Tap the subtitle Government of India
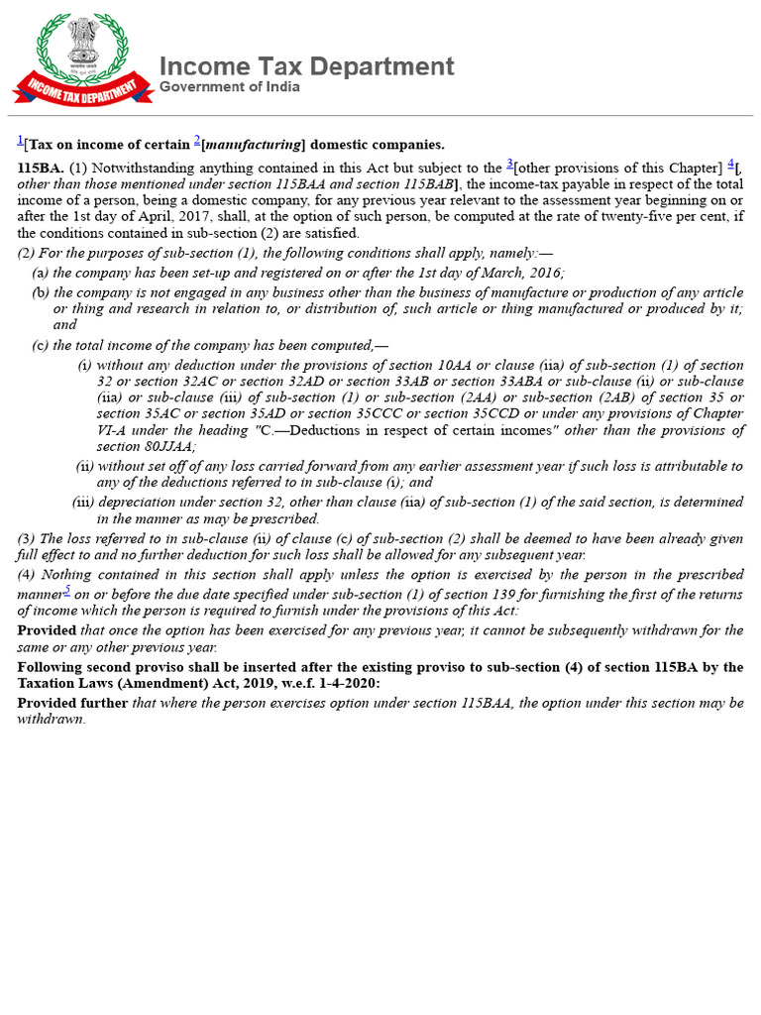coord(230,87)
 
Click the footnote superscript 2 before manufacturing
coord(197,140)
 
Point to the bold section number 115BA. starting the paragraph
coord(41,169)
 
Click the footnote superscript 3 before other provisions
coord(509,164)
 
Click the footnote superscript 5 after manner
coord(67,590)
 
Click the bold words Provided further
coord(72,703)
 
